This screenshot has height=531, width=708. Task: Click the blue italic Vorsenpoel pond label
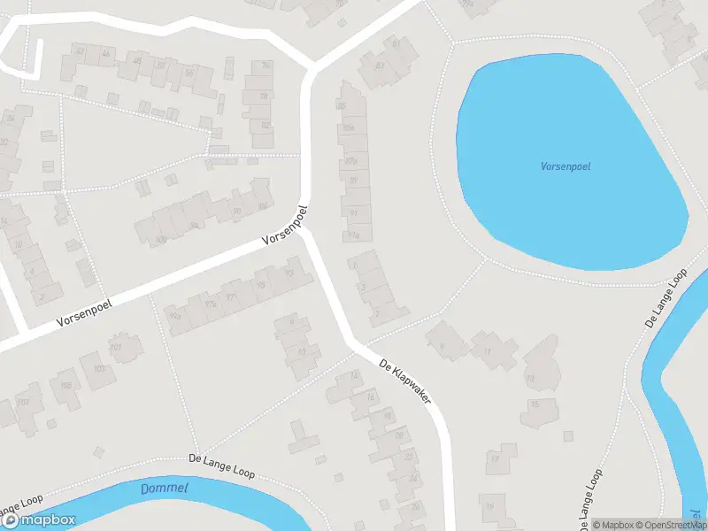(566, 166)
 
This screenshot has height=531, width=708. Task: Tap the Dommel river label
(165, 489)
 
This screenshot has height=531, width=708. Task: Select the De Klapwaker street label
(404, 381)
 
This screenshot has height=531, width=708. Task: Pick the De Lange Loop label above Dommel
(222, 466)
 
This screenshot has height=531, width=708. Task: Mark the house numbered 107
(125, 347)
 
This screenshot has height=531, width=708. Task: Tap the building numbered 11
(488, 351)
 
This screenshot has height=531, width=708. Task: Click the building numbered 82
(264, 126)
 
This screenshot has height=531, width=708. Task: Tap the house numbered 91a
(354, 235)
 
